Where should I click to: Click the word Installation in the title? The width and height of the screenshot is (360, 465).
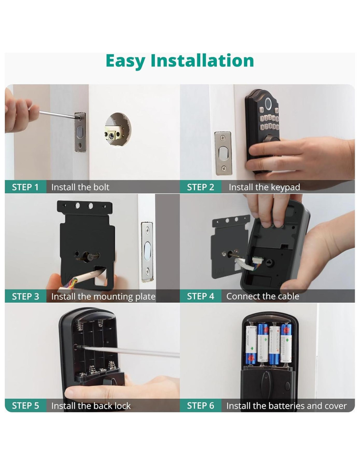coord(202,61)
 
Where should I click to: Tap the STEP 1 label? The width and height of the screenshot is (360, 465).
coord(25,187)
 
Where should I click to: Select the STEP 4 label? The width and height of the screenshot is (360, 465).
coord(200,296)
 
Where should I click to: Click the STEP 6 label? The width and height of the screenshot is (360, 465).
coord(200,406)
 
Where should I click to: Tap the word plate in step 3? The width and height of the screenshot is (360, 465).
coord(146,297)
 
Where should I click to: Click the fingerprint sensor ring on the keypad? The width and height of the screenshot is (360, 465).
coord(267,104)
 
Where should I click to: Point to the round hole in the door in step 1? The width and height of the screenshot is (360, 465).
coord(118,129)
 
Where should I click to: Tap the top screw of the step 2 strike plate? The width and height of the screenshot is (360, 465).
coord(223,138)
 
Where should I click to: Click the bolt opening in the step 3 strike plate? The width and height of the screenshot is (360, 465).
coord(147,251)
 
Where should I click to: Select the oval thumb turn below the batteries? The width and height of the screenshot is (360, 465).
coord(266,384)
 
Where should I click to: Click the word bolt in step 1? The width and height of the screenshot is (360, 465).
coord(101,187)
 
